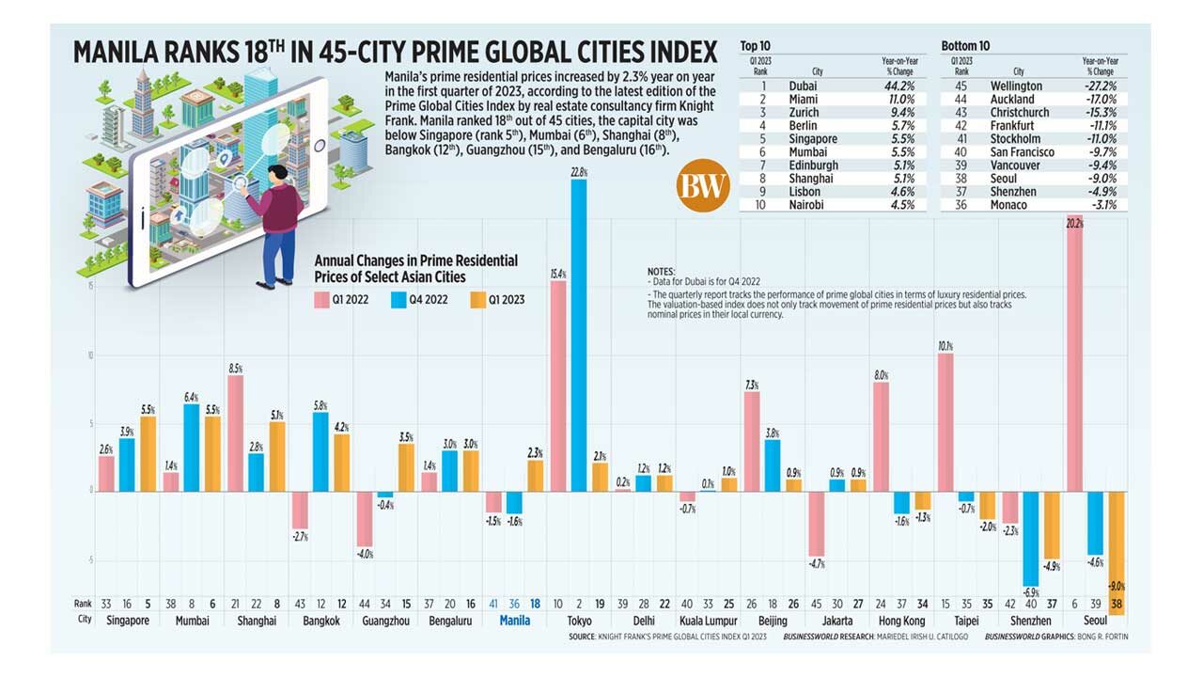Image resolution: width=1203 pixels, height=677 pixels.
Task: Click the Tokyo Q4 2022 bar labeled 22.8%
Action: pos(579,334)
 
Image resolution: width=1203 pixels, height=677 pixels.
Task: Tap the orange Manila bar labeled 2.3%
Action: pos(535,475)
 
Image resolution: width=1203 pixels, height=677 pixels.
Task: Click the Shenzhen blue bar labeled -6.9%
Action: pos(1031,538)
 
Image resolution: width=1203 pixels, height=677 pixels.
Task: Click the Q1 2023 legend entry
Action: pos(492,300)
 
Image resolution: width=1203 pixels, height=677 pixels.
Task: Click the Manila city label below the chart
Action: pos(515,622)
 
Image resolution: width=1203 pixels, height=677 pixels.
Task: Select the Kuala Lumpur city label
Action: pos(709,622)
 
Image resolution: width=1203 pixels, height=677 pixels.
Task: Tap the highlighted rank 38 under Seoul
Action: pos(1117,603)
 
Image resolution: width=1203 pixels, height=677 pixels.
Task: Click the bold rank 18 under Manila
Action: pos(536,603)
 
